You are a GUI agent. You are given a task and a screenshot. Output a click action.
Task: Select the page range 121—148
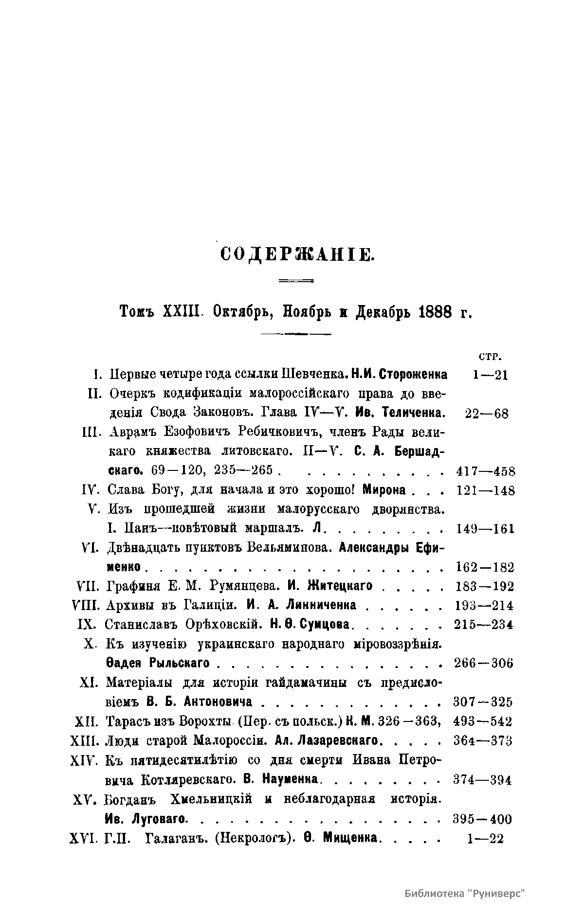[x=486, y=490]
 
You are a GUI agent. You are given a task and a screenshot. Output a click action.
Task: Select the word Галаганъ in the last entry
[x=177, y=839]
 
